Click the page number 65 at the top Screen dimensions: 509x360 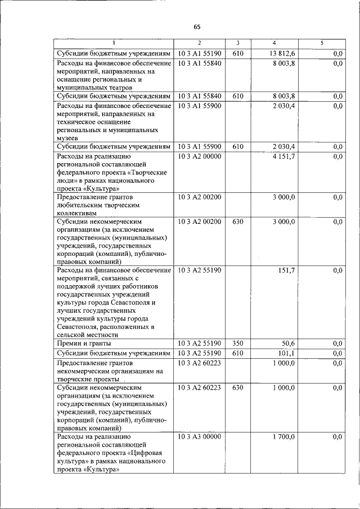197,26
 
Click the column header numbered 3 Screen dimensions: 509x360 238,43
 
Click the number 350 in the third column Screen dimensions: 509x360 237,343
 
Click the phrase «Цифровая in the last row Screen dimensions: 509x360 148,453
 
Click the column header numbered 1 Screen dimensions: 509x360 113,43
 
